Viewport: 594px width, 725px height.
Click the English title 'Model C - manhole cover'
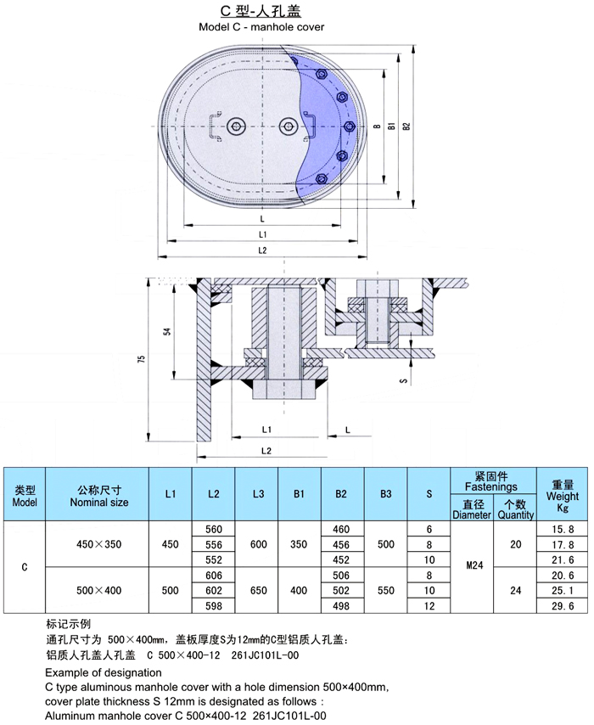[261, 27]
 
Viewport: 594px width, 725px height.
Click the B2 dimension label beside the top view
[406, 126]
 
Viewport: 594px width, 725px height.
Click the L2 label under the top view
[261, 250]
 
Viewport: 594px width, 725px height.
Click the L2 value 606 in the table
[214, 575]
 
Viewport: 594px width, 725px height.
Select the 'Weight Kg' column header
[562, 496]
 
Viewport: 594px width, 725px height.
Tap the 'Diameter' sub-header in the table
[472, 509]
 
